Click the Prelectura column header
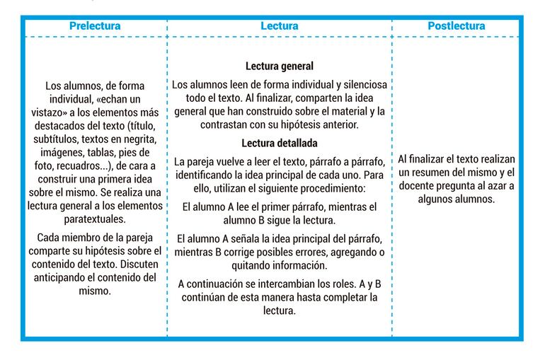click(95, 26)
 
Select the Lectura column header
click(279, 26)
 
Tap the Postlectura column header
click(456, 26)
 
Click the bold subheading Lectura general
click(279, 66)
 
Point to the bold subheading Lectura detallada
click(279, 143)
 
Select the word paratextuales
click(95, 219)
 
